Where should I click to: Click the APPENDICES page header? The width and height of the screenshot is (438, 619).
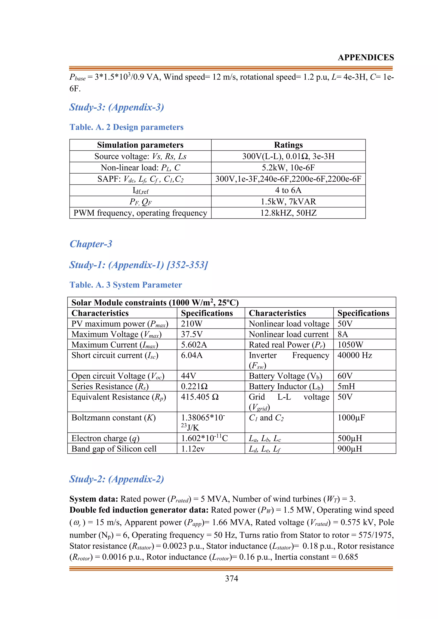tap(365, 57)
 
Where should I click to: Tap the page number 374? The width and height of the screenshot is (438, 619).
tap(231, 579)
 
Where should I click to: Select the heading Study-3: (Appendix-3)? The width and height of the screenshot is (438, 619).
tap(117, 107)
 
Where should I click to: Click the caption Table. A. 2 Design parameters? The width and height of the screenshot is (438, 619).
tap(126, 127)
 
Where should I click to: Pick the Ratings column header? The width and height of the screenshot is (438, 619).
tap(288, 145)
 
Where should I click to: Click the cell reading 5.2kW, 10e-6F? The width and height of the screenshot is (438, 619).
tap(288, 168)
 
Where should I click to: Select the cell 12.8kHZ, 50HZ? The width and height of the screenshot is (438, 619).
tap(288, 213)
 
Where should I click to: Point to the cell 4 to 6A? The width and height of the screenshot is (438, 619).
tap(288, 190)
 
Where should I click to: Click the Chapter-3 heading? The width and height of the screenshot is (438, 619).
tap(91, 244)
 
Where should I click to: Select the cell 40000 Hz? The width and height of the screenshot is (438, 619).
tap(354, 355)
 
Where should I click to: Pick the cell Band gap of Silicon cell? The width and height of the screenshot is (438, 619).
tap(114, 449)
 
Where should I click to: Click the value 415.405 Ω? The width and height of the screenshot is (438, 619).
tap(200, 397)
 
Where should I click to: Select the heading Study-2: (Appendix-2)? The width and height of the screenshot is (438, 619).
tap(117, 479)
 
